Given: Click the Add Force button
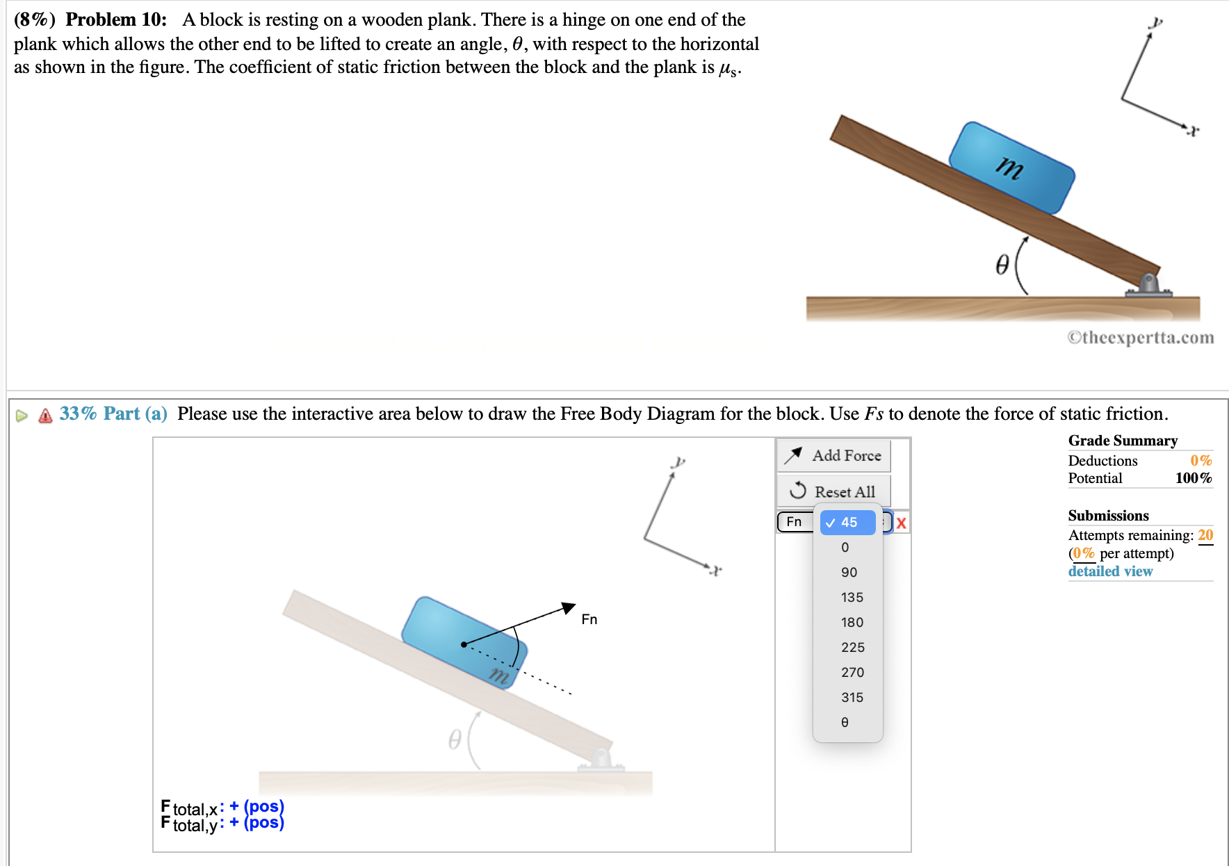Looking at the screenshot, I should (833, 456).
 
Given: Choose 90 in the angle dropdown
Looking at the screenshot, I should (848, 572).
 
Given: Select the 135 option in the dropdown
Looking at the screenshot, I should (851, 597).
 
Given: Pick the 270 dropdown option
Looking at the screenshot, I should (852, 672).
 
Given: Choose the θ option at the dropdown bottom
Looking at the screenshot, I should (845, 722).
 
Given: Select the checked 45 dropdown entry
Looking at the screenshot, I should (848, 522).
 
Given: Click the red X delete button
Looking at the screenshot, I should (901, 523).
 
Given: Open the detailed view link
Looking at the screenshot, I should (1110, 571).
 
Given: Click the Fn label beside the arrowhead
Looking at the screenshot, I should (589, 619).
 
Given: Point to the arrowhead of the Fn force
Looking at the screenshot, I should (569, 607).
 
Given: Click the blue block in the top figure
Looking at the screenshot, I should (1011, 168).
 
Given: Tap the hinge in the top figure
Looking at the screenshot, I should (1148, 284).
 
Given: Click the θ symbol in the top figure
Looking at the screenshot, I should (1002, 265).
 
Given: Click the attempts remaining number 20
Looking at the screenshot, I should (1205, 535).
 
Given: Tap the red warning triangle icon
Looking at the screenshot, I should (46, 416).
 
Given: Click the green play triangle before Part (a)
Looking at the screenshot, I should (22, 416).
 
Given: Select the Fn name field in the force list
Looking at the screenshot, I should (795, 522).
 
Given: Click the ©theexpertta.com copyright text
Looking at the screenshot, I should (1140, 338).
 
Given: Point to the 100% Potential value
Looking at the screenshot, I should (1193, 478).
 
